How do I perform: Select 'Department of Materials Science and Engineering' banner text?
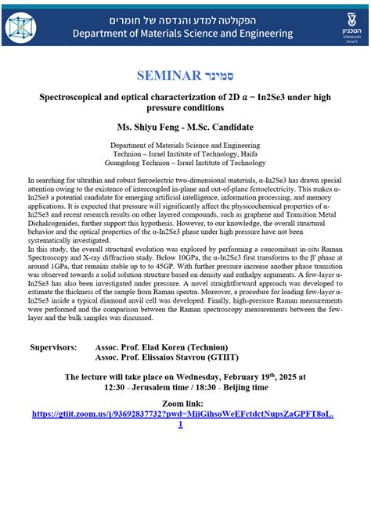coord(182,34)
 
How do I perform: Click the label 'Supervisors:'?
coord(53,346)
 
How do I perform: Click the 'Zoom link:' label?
coord(185,404)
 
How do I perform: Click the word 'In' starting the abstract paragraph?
coord(31,180)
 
